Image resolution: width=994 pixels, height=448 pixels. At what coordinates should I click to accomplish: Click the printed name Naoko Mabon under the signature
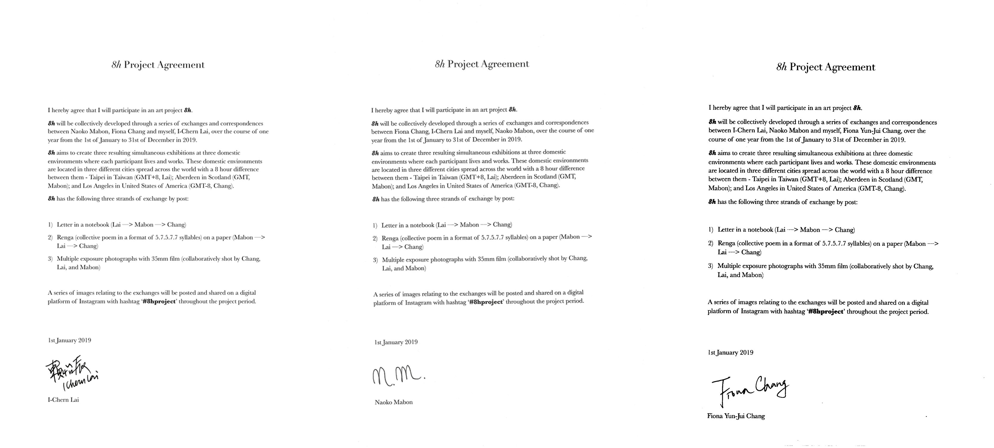pos(394,402)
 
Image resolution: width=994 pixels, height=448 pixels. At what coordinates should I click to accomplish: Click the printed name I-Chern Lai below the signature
pos(63,400)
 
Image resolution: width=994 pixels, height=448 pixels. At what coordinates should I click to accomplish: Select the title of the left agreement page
pos(158,65)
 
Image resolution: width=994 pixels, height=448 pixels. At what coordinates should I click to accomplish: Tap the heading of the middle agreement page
pos(482,64)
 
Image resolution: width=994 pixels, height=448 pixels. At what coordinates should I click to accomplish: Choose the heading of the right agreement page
pos(826,67)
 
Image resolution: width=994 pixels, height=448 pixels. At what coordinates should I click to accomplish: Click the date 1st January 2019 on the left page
pos(70,340)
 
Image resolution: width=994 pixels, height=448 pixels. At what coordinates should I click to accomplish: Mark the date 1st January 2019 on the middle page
pos(396,342)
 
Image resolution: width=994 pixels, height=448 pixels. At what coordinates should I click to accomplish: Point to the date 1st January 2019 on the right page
pos(730,352)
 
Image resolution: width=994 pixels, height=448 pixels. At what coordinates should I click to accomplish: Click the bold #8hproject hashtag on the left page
pos(159,301)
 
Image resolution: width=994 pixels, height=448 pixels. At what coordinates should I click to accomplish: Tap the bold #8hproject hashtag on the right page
pos(825,312)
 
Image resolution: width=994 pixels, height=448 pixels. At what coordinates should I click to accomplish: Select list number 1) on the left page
pos(50,225)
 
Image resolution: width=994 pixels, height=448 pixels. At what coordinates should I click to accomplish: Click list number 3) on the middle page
pos(375,260)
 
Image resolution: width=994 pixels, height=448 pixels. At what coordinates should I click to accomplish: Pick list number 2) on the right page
pos(711,243)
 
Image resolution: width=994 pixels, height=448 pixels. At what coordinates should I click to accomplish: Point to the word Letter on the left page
pos(64,225)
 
